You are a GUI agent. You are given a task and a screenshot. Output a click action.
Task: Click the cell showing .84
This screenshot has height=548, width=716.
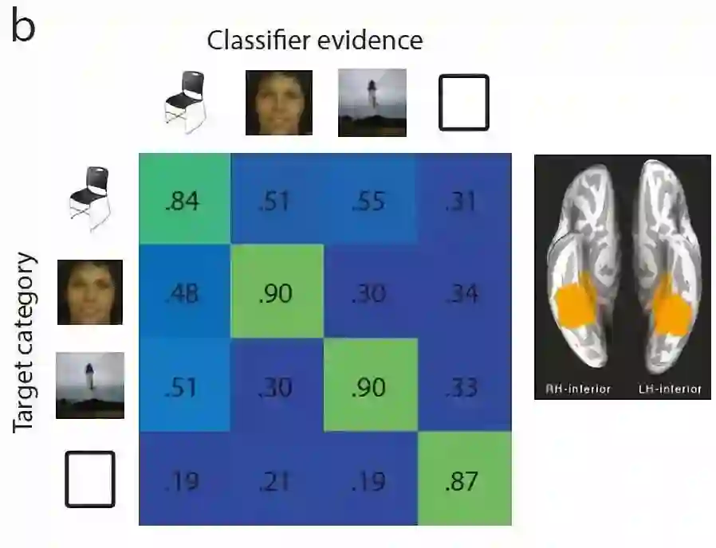click(x=185, y=200)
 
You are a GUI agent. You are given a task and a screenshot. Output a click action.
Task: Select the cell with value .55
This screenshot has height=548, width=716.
click(x=369, y=200)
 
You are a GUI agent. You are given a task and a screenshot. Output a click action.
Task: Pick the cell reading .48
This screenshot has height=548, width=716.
click(x=185, y=293)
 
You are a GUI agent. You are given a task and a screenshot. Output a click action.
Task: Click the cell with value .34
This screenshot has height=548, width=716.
click(x=462, y=293)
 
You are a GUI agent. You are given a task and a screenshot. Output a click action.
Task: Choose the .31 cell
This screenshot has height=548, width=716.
click(x=462, y=200)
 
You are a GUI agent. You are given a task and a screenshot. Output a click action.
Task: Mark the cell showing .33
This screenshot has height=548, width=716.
click(x=462, y=386)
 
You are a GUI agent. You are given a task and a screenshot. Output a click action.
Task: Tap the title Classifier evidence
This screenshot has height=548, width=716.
click(x=315, y=41)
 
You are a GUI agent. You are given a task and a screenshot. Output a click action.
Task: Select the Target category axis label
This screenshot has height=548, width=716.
click(x=26, y=342)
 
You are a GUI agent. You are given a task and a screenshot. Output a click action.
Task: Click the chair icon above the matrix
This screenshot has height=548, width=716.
click(x=185, y=101)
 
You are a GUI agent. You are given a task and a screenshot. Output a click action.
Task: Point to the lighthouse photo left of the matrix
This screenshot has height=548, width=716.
click(x=89, y=386)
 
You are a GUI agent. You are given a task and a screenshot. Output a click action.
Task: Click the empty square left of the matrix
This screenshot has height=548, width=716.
click(x=90, y=479)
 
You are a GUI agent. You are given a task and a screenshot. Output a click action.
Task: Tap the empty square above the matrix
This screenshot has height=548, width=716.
click(x=463, y=102)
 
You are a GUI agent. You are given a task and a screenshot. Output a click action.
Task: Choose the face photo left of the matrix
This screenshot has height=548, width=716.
click(x=89, y=292)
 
